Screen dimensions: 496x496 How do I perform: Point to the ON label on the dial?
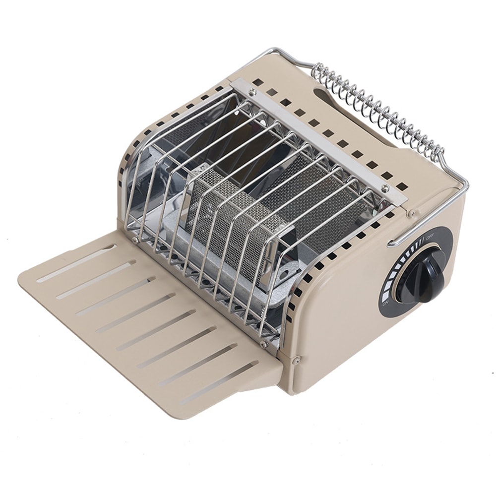(385, 303)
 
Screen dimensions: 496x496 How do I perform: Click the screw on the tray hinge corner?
(296, 361)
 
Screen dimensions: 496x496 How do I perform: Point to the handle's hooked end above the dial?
(392, 243)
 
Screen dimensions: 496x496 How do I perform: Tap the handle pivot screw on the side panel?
(411, 213)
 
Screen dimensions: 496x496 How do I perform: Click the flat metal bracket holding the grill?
(317, 139)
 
